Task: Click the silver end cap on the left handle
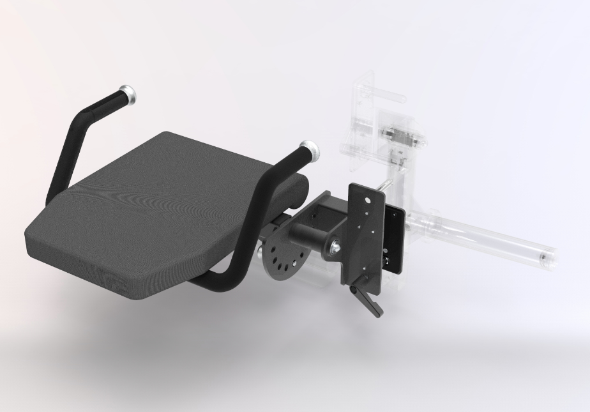[x=128, y=94]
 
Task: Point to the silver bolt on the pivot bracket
[x=335, y=246]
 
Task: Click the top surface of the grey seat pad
[x=160, y=192]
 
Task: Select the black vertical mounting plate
[x=364, y=236]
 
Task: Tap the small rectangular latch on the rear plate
[x=386, y=262]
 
